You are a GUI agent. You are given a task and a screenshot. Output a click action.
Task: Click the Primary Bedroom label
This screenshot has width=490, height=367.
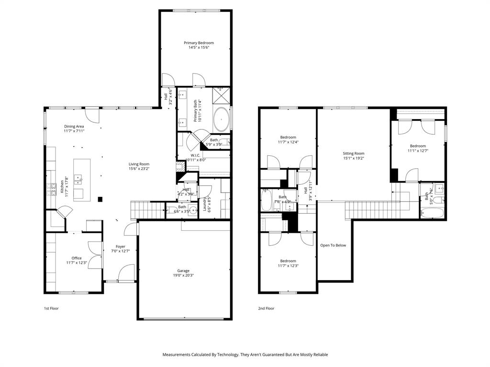[199, 43]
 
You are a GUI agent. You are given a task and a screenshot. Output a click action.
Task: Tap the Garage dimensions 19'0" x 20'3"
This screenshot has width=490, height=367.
[183, 275]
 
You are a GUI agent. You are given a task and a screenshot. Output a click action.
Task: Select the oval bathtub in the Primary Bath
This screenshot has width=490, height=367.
[221, 119]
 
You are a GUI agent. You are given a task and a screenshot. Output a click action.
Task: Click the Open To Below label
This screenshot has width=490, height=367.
[333, 245]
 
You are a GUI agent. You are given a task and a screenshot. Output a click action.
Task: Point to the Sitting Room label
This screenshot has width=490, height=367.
[353, 153]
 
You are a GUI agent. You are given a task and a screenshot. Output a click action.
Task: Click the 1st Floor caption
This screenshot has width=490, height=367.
[51, 308]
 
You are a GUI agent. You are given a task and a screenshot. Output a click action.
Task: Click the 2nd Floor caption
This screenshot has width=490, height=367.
[266, 308]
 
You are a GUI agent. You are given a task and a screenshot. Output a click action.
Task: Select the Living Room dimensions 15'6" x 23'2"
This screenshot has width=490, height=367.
[139, 169]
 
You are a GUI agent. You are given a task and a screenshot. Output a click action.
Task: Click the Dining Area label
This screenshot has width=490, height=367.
[74, 126]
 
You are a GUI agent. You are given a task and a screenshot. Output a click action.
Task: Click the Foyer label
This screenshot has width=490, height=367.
[121, 247]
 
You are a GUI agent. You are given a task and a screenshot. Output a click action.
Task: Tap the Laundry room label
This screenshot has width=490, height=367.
[205, 204]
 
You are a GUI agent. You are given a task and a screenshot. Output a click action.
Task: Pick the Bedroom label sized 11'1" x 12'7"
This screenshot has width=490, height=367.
[417, 146]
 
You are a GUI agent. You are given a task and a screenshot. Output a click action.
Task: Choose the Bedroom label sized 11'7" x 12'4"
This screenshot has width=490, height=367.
[288, 137]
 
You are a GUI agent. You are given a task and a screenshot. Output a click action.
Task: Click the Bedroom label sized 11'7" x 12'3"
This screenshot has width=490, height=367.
[288, 261]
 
